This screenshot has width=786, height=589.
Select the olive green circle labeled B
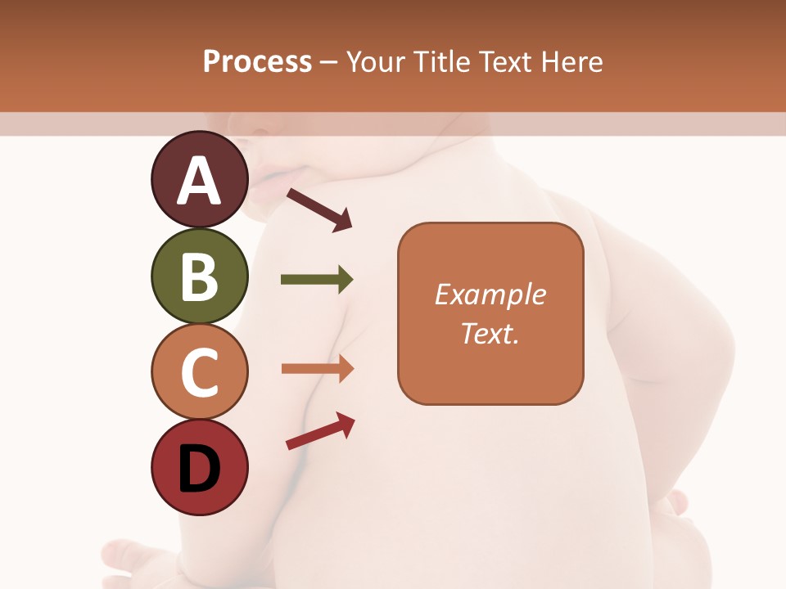[x=200, y=276]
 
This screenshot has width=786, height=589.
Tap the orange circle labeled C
[x=200, y=371]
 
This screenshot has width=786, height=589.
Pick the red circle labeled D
[x=200, y=467]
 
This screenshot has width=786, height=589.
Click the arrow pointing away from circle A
[x=318, y=209]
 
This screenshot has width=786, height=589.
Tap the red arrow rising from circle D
[x=319, y=431]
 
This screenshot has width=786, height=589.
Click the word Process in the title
[x=257, y=61]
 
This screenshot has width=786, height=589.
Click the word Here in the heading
[x=571, y=61]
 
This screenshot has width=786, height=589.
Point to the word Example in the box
[x=490, y=294]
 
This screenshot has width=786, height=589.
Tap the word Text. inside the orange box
[x=490, y=334]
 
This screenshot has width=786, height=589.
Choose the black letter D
[x=200, y=469]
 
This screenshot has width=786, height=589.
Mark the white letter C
[x=200, y=373]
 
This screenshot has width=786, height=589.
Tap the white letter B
[x=200, y=277]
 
